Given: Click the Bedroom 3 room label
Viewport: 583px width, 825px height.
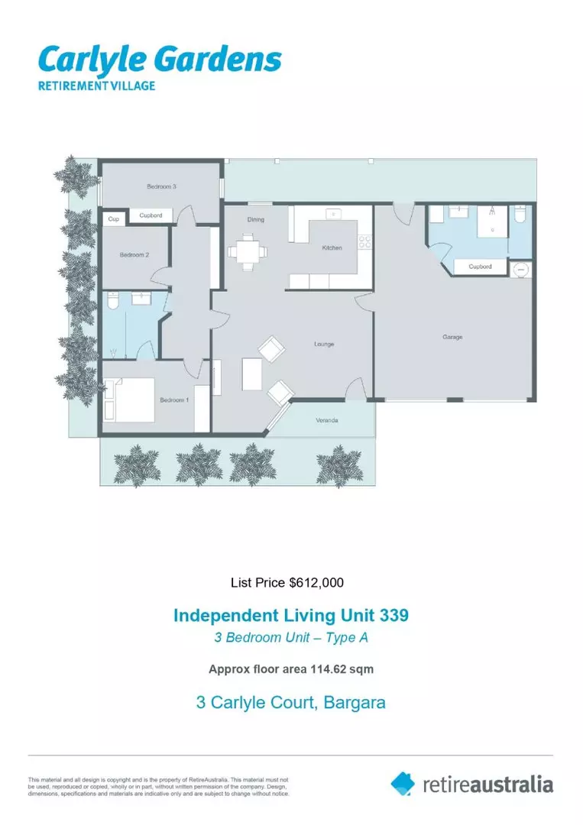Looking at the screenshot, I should [x=162, y=186].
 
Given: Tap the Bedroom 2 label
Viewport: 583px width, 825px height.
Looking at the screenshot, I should [x=134, y=255].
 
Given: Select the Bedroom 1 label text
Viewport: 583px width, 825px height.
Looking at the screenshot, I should [x=173, y=400].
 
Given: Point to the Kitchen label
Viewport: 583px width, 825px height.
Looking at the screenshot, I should [x=332, y=247].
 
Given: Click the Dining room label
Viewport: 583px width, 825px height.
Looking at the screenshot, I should [x=255, y=219].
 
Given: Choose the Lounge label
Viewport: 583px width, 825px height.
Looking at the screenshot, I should [x=324, y=345].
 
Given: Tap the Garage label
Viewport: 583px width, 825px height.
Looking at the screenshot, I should [x=452, y=336].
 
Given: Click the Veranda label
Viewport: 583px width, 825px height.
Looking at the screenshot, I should [x=327, y=420].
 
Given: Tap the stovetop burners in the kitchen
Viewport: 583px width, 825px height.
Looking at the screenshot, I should [x=365, y=242].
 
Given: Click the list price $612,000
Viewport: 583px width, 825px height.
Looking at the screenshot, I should [x=287, y=583].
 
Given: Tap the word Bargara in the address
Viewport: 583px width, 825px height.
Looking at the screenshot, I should [x=355, y=702].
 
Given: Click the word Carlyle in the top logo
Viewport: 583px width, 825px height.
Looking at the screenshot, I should [x=89, y=60].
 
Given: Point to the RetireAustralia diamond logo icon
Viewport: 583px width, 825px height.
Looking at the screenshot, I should [x=403, y=783].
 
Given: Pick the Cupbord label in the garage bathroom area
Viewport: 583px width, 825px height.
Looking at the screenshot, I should [x=479, y=267].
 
